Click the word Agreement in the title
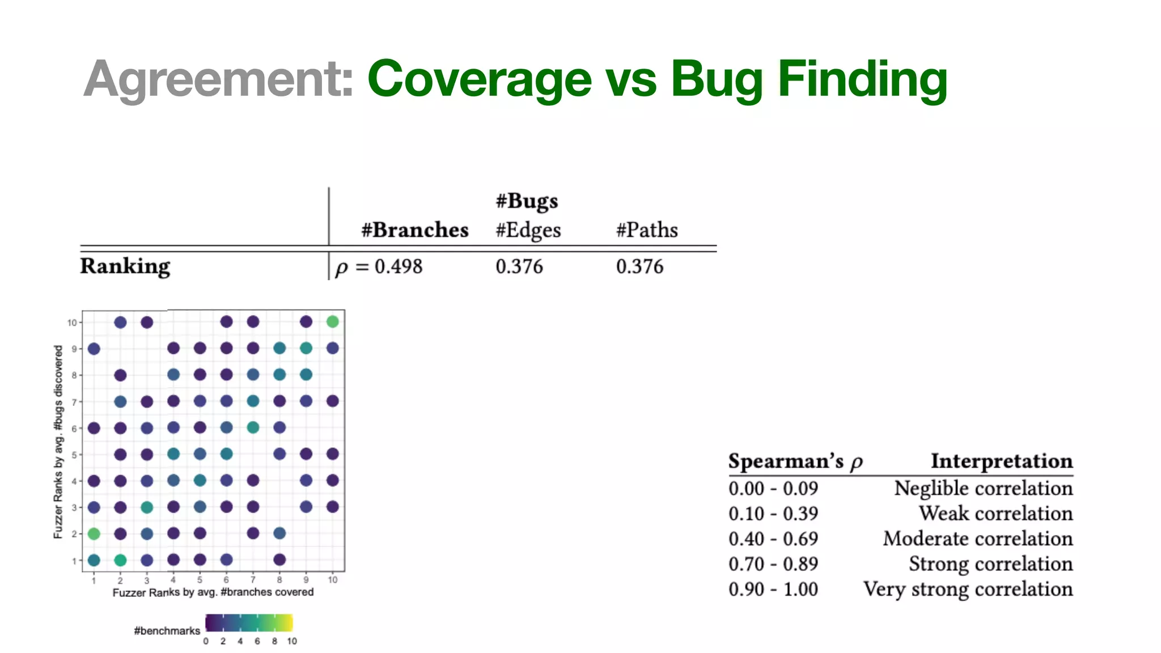point(219,79)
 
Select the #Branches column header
point(415,230)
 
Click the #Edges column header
point(528,230)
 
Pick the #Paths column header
point(647,230)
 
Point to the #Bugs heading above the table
point(527,201)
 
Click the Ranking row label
point(125,266)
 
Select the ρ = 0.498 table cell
point(379,266)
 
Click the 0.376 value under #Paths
point(639,266)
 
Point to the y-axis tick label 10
point(71,323)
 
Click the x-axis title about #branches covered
point(213,592)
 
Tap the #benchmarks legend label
point(167,631)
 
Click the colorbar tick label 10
point(291,641)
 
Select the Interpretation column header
point(1001,461)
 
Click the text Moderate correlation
point(977,538)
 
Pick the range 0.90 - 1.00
point(773,590)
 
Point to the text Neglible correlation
point(983,488)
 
